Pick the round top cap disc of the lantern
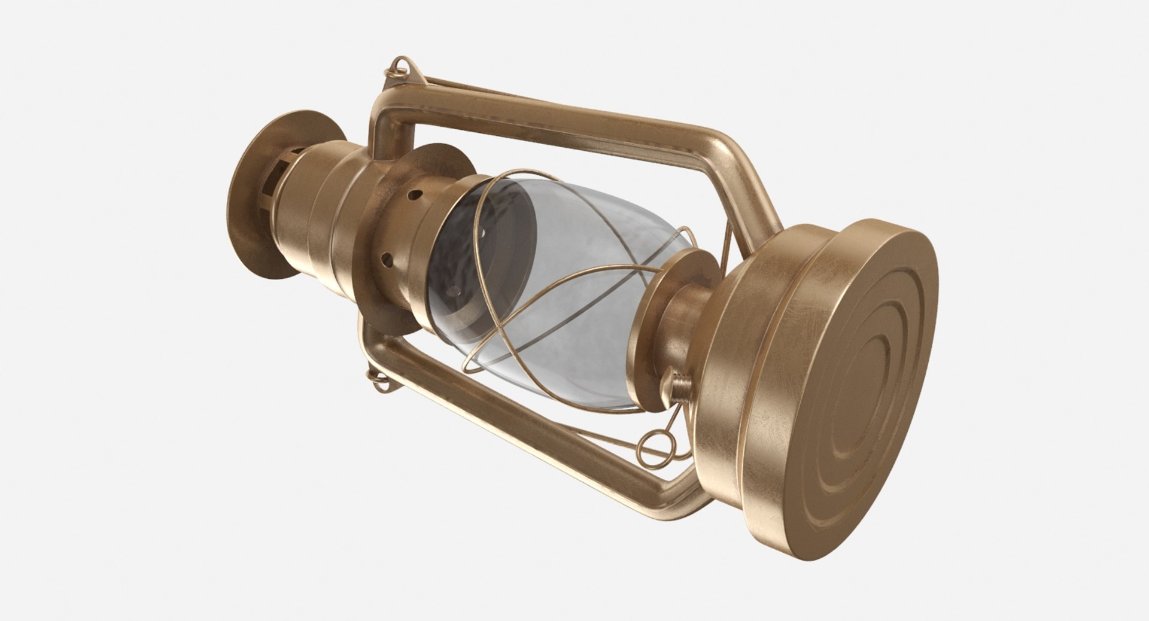(x=251, y=197)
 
